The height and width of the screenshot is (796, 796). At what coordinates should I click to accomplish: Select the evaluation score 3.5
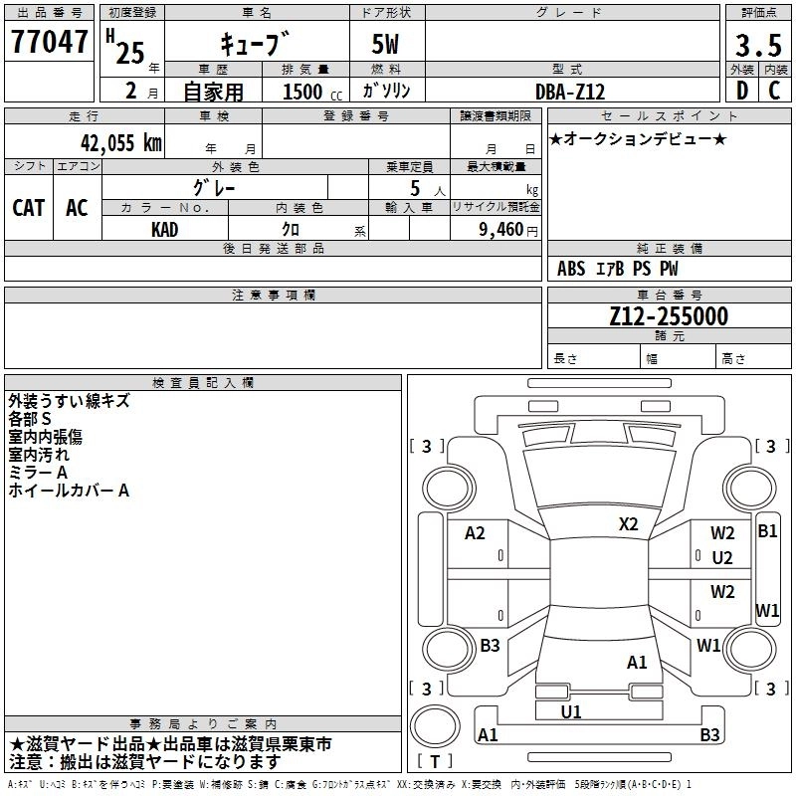(x=757, y=44)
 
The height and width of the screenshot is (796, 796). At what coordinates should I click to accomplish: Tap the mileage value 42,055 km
(x=118, y=142)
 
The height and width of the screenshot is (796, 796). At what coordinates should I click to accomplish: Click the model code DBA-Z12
(x=570, y=92)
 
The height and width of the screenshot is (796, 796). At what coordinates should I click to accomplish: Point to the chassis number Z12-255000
(x=669, y=317)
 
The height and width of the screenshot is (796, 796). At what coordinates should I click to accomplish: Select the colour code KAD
(x=165, y=229)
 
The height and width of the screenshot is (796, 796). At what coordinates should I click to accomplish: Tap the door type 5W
(x=387, y=44)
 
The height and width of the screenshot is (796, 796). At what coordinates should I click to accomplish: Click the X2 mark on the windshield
(x=629, y=523)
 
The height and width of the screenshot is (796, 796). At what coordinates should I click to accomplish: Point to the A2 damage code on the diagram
(x=476, y=533)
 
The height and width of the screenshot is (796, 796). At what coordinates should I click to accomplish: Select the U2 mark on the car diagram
(x=722, y=558)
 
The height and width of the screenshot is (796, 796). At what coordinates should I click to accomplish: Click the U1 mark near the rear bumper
(x=571, y=711)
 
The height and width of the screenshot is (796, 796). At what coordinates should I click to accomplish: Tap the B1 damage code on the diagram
(x=767, y=531)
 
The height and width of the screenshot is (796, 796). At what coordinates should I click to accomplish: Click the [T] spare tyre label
(x=435, y=761)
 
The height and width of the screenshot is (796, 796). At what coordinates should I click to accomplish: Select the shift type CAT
(x=29, y=208)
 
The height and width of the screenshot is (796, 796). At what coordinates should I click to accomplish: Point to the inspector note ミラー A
(x=38, y=473)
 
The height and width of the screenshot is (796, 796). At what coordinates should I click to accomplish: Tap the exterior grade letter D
(x=741, y=92)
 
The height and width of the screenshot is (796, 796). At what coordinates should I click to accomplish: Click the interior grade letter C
(x=774, y=92)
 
